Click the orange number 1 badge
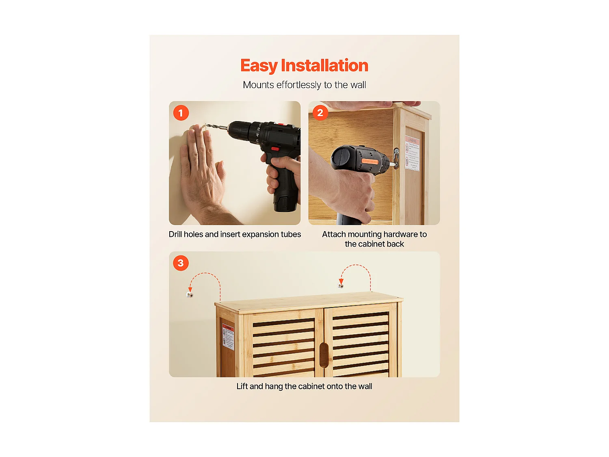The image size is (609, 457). [181, 113]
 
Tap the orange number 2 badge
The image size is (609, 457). [320, 113]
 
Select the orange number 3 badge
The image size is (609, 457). [181, 263]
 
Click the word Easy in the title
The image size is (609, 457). [259, 66]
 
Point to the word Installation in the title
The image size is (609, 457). [324, 65]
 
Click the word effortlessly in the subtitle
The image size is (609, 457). [299, 85]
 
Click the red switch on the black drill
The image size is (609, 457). [275, 149]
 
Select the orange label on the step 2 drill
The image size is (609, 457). [369, 162]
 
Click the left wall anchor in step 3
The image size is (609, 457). [190, 295]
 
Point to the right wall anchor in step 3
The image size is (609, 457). [341, 286]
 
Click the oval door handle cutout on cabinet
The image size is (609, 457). [324, 355]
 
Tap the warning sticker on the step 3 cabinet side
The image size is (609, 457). [228, 337]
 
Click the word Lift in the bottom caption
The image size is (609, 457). [242, 386]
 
